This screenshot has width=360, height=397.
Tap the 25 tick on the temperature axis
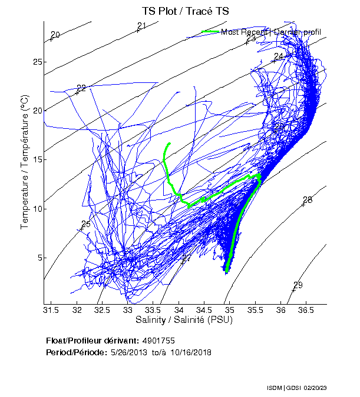click(x=36, y=62)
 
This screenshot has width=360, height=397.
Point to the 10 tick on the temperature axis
click(x=36, y=209)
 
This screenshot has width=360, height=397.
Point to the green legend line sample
click(x=210, y=31)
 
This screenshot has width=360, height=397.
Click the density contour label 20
click(x=55, y=35)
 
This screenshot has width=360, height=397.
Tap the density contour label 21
click(x=141, y=26)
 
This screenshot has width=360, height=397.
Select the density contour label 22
click(x=81, y=88)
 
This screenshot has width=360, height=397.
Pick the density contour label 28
click(x=308, y=200)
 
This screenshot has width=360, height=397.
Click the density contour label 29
click(x=298, y=285)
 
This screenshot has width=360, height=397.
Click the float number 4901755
click(x=158, y=341)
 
